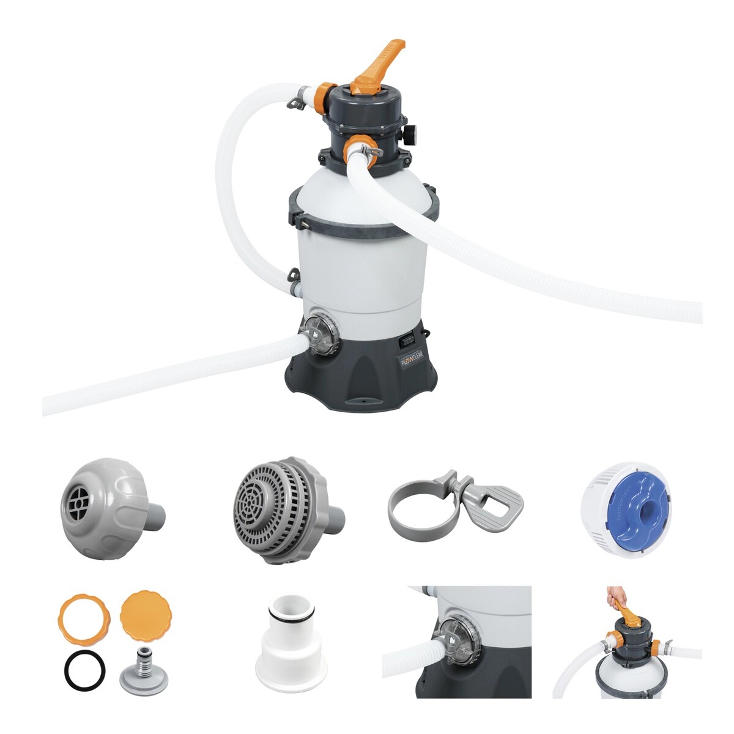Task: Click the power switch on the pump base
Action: (x=406, y=336)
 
